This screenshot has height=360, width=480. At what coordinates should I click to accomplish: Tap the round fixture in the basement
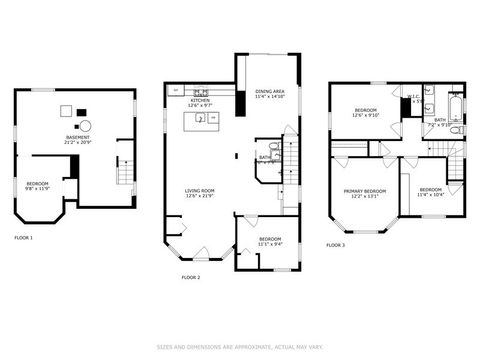click(86, 126)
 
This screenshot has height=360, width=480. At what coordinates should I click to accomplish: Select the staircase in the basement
click(125, 173)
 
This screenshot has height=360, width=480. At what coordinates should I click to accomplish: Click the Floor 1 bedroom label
click(38, 185)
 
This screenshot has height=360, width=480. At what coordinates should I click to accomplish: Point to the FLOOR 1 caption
click(23, 238)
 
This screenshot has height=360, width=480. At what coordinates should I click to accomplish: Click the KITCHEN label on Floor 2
click(200, 102)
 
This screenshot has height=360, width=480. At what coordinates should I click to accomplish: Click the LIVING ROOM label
click(200, 192)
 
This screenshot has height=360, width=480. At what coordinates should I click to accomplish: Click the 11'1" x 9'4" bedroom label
click(270, 240)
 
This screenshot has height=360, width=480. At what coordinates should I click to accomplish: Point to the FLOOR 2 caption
click(190, 277)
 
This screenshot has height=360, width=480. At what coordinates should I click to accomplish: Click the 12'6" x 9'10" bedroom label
click(365, 112)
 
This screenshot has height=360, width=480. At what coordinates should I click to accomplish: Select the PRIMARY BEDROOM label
click(364, 193)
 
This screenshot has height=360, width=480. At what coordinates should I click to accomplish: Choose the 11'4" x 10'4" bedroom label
click(431, 191)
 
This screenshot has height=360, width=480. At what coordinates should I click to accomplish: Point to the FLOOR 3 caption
click(335, 245)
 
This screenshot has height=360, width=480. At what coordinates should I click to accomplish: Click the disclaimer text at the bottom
click(240, 348)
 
